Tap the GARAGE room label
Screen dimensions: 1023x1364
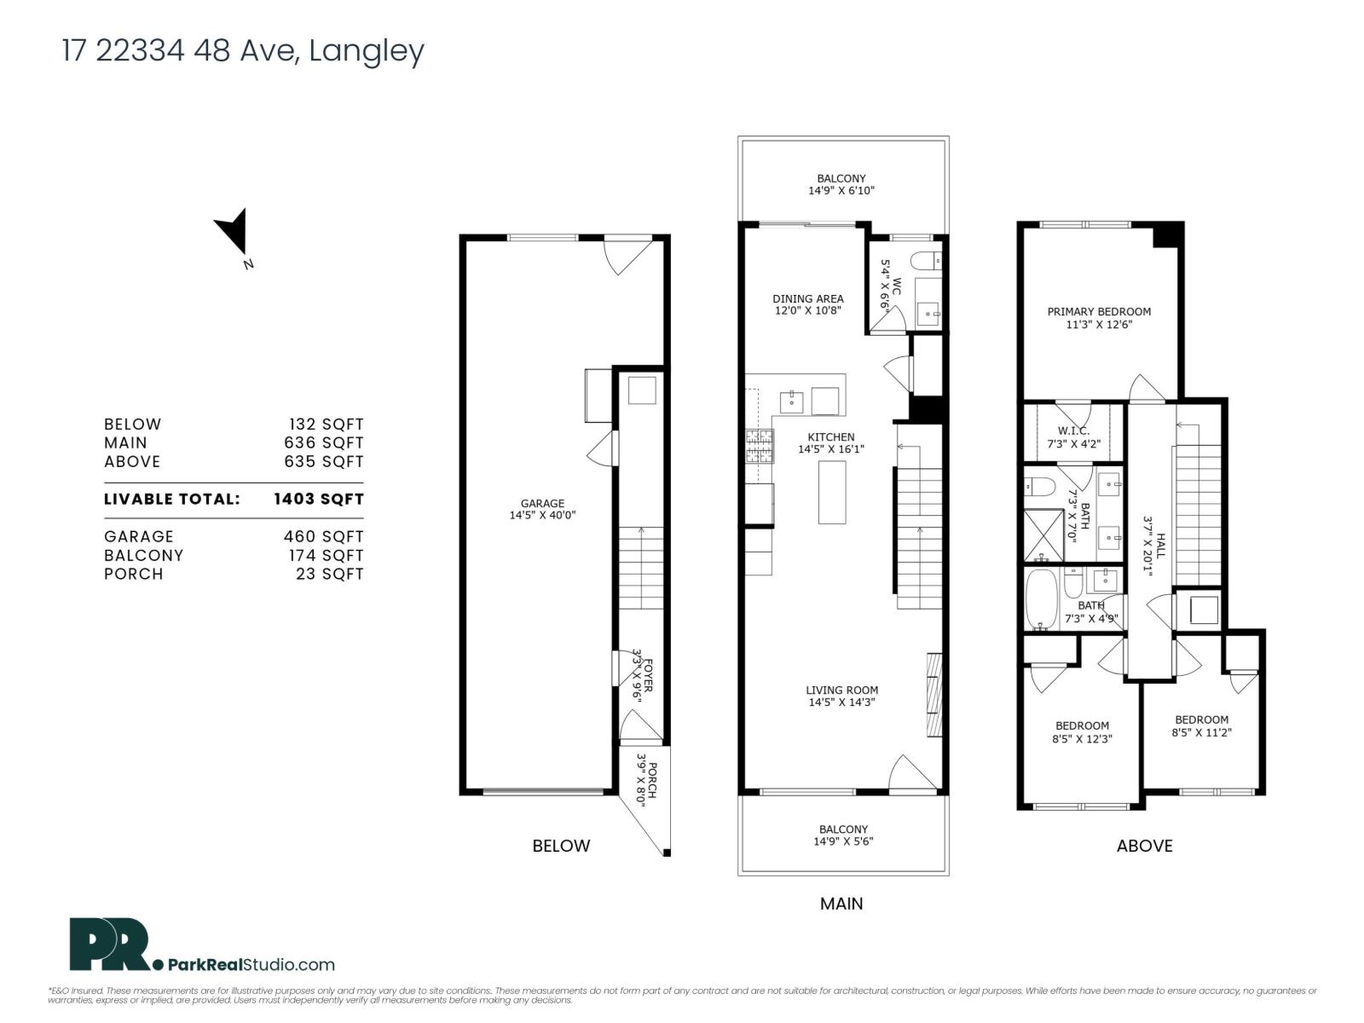point(542,503)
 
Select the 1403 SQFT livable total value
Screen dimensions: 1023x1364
point(318,499)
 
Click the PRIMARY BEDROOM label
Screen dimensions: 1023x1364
point(1099,312)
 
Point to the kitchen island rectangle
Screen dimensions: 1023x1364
point(832,492)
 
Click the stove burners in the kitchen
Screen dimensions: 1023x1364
point(760,445)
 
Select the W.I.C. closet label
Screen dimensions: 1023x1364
point(1073,431)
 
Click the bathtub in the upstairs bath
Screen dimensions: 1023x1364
point(1041,599)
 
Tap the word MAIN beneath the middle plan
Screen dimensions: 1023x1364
point(841,904)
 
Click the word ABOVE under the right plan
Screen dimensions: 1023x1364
point(1144,846)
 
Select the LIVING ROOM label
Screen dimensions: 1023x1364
point(841,691)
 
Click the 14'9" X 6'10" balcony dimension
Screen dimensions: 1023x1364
point(841,191)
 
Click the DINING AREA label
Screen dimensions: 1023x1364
point(807,298)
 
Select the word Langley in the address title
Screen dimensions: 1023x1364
point(366,50)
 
